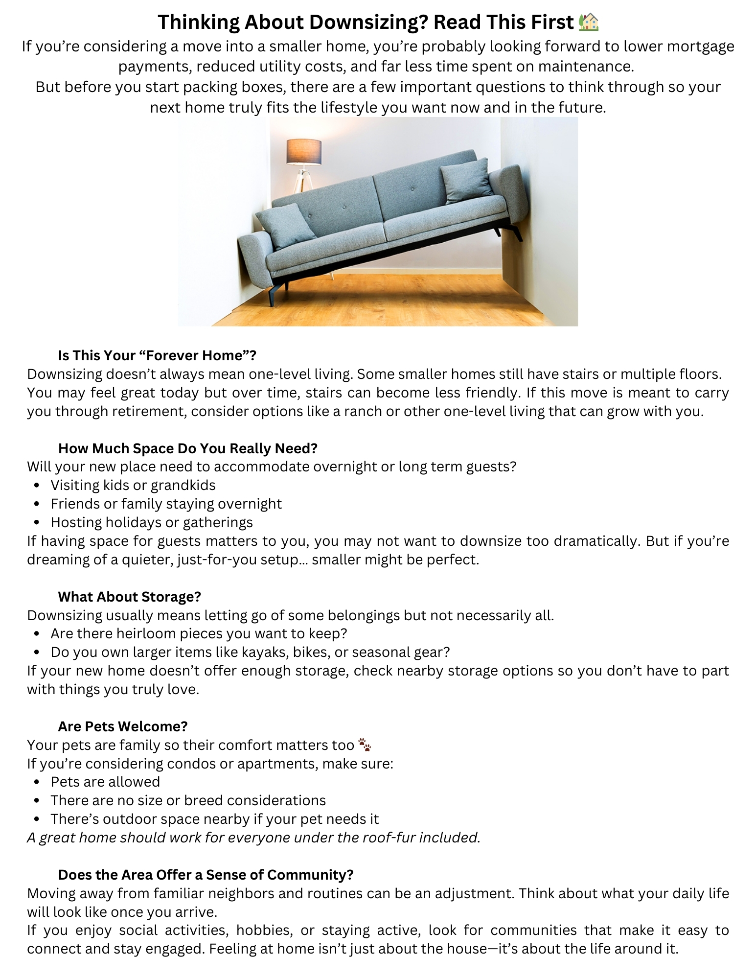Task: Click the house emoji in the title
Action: click(x=589, y=23)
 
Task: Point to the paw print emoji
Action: click(x=365, y=745)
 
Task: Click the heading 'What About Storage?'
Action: click(x=129, y=597)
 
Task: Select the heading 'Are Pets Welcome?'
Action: click(x=123, y=726)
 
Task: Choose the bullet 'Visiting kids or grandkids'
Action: click(x=133, y=485)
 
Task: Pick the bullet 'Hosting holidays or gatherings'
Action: click(x=152, y=522)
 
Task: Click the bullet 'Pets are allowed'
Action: click(x=105, y=782)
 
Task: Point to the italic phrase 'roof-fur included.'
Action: click(x=421, y=838)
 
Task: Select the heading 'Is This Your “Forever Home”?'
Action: click(x=157, y=355)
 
